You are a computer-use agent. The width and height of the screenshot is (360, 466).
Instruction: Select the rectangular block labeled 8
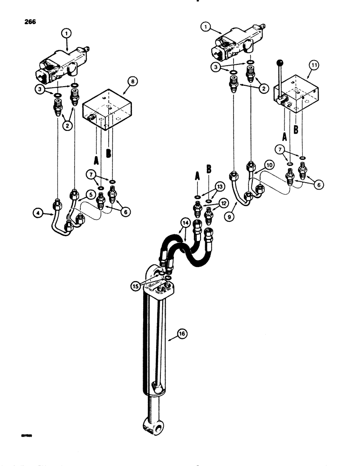[107, 112]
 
